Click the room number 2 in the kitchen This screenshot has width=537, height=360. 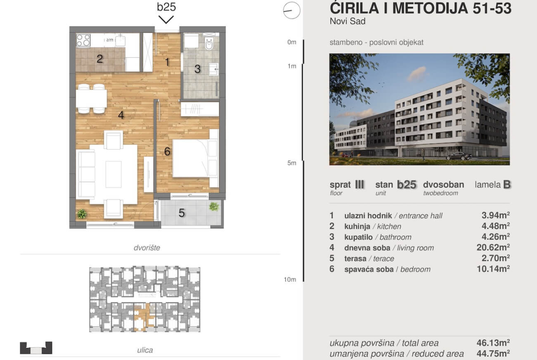tap(100, 59)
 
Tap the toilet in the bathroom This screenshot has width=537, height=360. tap(209, 42)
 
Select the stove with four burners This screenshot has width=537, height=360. tap(83, 40)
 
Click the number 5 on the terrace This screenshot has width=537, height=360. tap(181, 213)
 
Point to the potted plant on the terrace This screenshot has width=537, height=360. tap(214, 206)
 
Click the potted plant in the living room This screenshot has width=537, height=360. tap(82, 214)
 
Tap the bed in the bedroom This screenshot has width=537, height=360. tap(195, 158)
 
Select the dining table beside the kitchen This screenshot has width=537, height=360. tap(91, 99)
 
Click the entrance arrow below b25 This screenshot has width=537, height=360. tap(166, 20)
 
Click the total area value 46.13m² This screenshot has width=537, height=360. tap(493, 343)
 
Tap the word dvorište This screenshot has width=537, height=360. tap(146, 248)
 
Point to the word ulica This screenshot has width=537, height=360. tap(145, 350)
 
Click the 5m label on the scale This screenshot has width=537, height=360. tap(292, 163)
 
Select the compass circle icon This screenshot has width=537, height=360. tap(292, 10)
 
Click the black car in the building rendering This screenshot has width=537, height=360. tap(459, 156)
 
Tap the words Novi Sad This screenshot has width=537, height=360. tap(347, 21)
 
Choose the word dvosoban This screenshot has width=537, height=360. tap(443, 184)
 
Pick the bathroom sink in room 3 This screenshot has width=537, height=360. tap(213, 69)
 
